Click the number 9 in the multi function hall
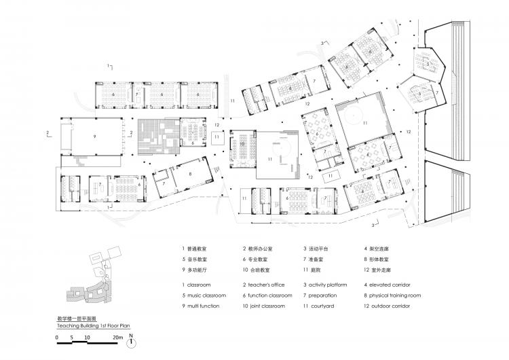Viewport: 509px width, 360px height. tap(94, 136)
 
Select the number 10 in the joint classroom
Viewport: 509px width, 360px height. tap(242, 144)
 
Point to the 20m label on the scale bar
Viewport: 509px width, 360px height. tap(117, 337)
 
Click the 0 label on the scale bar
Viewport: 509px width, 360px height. tap(58, 337)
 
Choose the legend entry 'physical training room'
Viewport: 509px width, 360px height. tap(396, 295)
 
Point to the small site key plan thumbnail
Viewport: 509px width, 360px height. tap(88, 281)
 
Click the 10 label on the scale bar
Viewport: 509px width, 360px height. tap(87, 337)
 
